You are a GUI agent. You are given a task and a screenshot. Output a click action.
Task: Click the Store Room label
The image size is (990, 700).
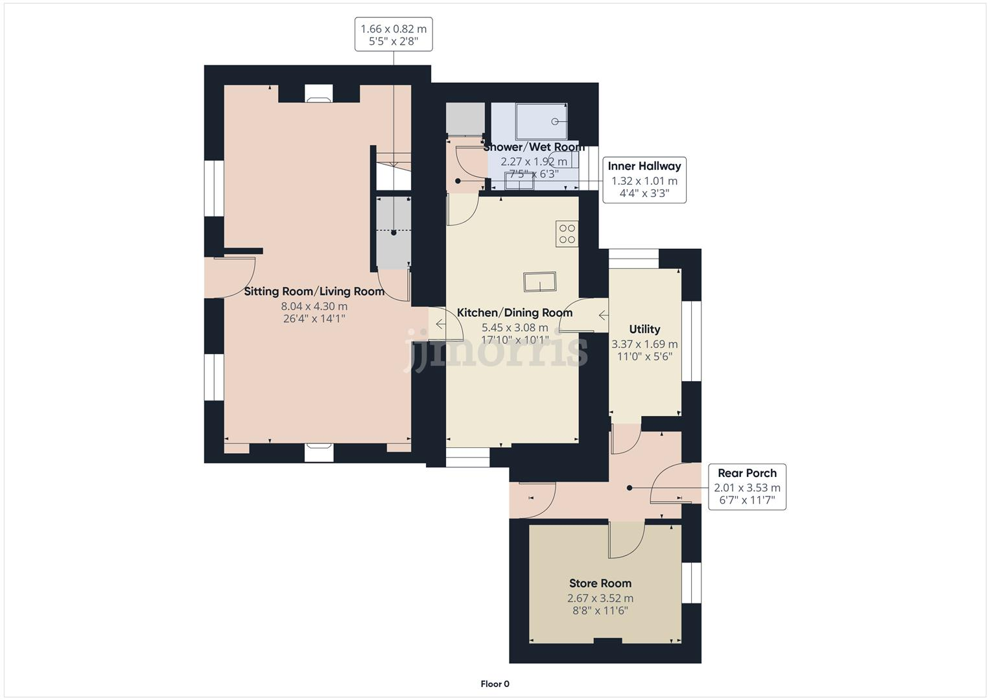600,583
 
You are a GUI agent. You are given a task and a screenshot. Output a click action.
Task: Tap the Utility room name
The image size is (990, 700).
644,329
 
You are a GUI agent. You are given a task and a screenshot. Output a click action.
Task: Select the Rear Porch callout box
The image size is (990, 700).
747,487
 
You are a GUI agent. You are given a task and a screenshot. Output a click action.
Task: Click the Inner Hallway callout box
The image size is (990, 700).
644,180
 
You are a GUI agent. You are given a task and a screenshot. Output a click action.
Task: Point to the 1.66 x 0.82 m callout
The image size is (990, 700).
394,34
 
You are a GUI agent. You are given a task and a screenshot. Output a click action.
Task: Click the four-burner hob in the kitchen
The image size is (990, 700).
567,233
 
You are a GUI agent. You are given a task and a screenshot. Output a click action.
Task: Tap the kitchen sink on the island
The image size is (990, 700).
539,283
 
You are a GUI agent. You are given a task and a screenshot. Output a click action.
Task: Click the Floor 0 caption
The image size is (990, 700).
495,684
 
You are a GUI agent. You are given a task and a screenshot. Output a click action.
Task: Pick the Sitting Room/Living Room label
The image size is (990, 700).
314,292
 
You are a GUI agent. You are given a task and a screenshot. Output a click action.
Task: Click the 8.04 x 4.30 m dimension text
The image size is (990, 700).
314,307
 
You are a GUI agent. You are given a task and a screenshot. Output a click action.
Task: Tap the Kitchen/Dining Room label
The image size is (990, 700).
515,313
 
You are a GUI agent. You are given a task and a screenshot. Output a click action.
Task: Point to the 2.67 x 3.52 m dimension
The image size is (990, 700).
600,598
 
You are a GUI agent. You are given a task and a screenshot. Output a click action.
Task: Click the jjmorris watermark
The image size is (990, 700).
495,350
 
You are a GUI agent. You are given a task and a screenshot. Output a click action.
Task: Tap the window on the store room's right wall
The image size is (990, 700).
692,582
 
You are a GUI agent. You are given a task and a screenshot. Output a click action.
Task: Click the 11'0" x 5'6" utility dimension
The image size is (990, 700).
644,356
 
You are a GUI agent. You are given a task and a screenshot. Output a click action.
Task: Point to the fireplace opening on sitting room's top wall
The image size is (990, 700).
319,93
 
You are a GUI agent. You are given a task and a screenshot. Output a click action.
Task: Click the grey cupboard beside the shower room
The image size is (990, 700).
465,119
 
